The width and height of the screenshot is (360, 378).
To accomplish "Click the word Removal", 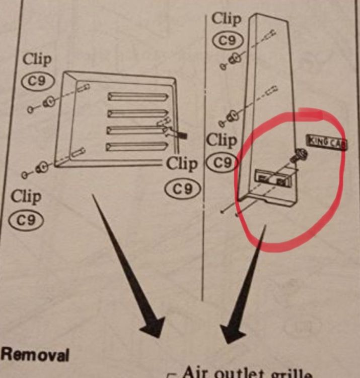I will [34, 354].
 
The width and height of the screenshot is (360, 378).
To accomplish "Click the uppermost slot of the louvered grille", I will [137, 96].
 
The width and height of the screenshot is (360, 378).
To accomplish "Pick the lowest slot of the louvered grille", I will [136, 146].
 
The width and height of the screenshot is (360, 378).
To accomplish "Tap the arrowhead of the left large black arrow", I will [153, 326].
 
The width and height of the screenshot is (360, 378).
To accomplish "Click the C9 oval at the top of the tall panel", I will [229, 40].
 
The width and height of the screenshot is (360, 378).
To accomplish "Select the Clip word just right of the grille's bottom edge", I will [182, 163].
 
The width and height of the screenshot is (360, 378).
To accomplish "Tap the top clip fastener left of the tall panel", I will [234, 59].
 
